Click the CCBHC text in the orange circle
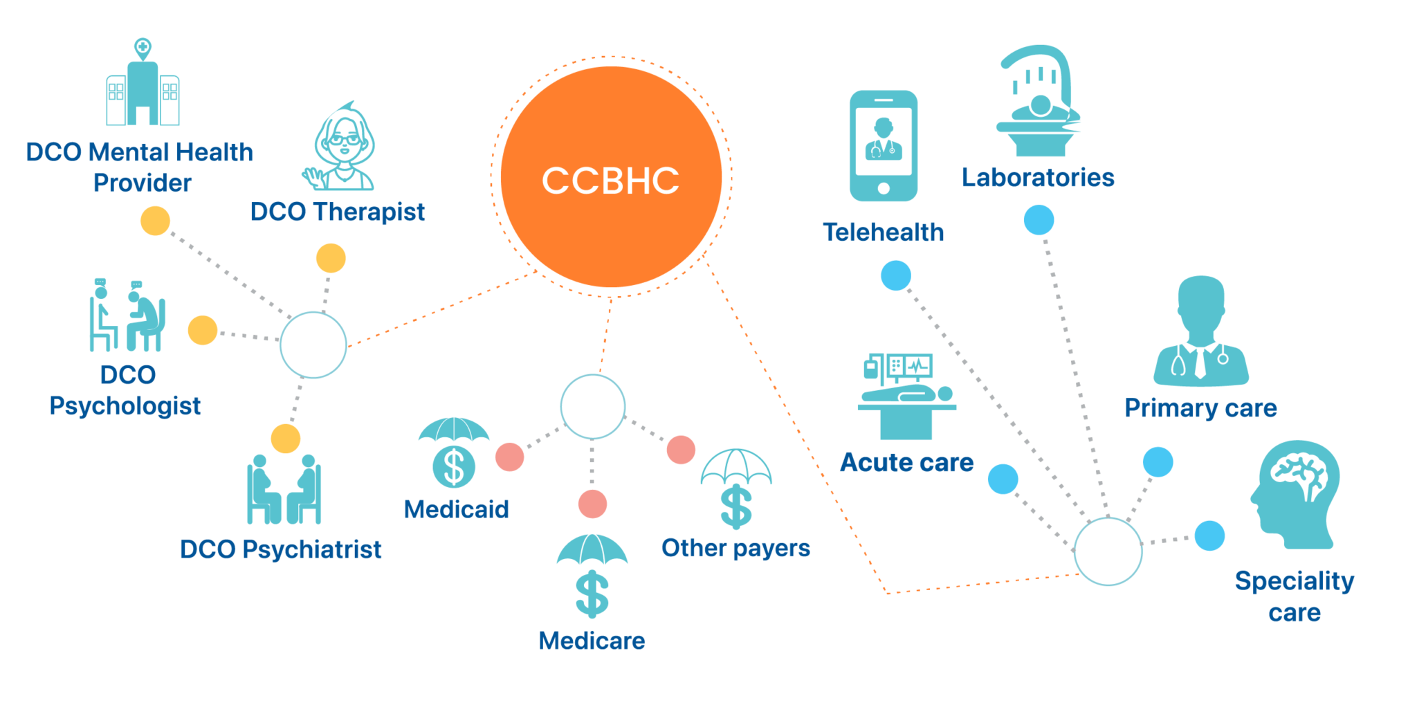610,181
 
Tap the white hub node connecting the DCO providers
313,345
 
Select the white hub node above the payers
592,407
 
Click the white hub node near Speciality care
1108,551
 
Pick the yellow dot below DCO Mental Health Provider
155,221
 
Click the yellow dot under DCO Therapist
331,258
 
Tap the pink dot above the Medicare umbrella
592,504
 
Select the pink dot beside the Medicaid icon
509,457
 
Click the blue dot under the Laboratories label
1039,220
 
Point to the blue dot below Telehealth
895,275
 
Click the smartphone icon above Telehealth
884,146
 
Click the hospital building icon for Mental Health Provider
143,86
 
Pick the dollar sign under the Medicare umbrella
592,594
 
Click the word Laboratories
1038,178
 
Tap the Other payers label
735,548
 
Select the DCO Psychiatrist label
280,549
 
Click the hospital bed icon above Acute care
906,397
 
